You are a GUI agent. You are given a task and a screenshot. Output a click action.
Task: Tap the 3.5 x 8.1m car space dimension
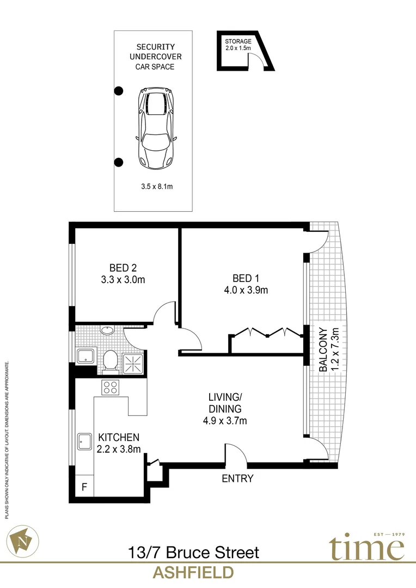click(156, 186)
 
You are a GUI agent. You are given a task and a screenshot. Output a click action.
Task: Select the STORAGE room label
click(238, 41)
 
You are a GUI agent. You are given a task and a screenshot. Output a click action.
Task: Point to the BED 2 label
click(123, 268)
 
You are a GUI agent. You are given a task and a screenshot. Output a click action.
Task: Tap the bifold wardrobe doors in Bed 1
click(267, 333)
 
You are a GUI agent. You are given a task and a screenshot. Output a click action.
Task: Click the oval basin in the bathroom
click(107, 330)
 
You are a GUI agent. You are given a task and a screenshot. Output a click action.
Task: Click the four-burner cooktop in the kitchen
click(111, 388)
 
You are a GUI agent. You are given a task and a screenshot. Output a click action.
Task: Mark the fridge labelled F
click(84, 486)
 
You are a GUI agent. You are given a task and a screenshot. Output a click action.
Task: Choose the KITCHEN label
click(119, 437)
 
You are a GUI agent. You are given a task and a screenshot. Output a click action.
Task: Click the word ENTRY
click(237, 479)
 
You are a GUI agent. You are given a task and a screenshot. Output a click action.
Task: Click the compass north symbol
click(23, 539)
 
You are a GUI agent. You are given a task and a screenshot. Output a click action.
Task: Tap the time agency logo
click(366, 548)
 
